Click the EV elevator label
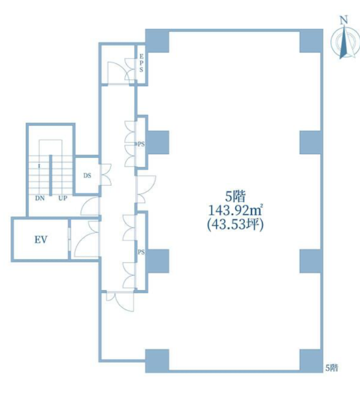tap(41, 239)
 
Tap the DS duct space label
tap(87, 176)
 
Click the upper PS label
tap(141, 144)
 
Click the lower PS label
tap(141, 252)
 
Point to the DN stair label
tap(40, 198)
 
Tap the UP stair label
tap(63, 198)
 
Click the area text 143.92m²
tap(235, 210)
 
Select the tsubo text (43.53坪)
tap(235, 225)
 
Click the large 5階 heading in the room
tap(235, 196)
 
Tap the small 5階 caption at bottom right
tap(332, 368)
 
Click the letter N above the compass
tap(343, 20)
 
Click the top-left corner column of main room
tap(157, 41)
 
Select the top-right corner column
tap(311, 41)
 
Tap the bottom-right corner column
tap(311, 361)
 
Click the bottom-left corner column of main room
tap(157, 361)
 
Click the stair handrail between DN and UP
tap(51, 175)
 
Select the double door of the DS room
tap(106, 175)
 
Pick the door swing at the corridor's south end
tap(120, 301)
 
